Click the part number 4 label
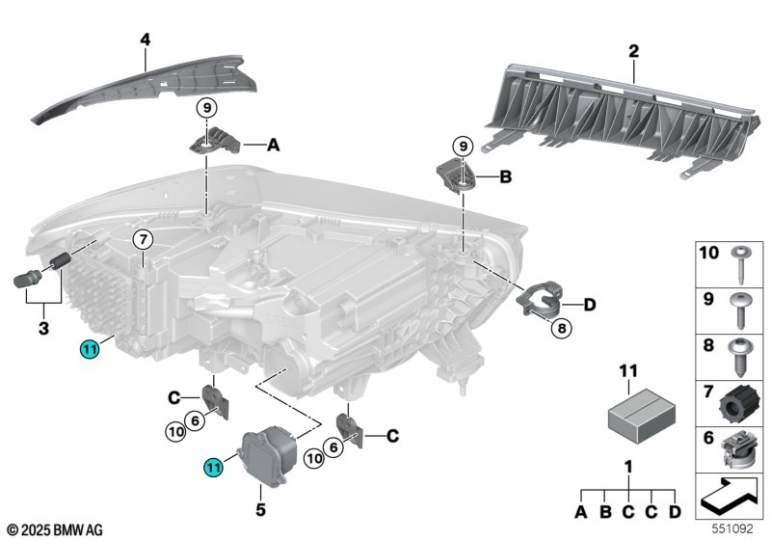tap(146, 40)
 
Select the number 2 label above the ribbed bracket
tap(634, 51)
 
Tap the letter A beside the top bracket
tap(273, 145)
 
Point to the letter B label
tap(505, 176)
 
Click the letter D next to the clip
tap(589, 305)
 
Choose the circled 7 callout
tap(143, 240)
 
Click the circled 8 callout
tap(562, 328)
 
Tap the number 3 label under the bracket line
tap(43, 328)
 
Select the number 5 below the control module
tap(260, 509)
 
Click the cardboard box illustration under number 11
tap(642, 416)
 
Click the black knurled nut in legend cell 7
tap(735, 404)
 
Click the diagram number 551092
tap(732, 528)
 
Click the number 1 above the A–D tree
tap(628, 468)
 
